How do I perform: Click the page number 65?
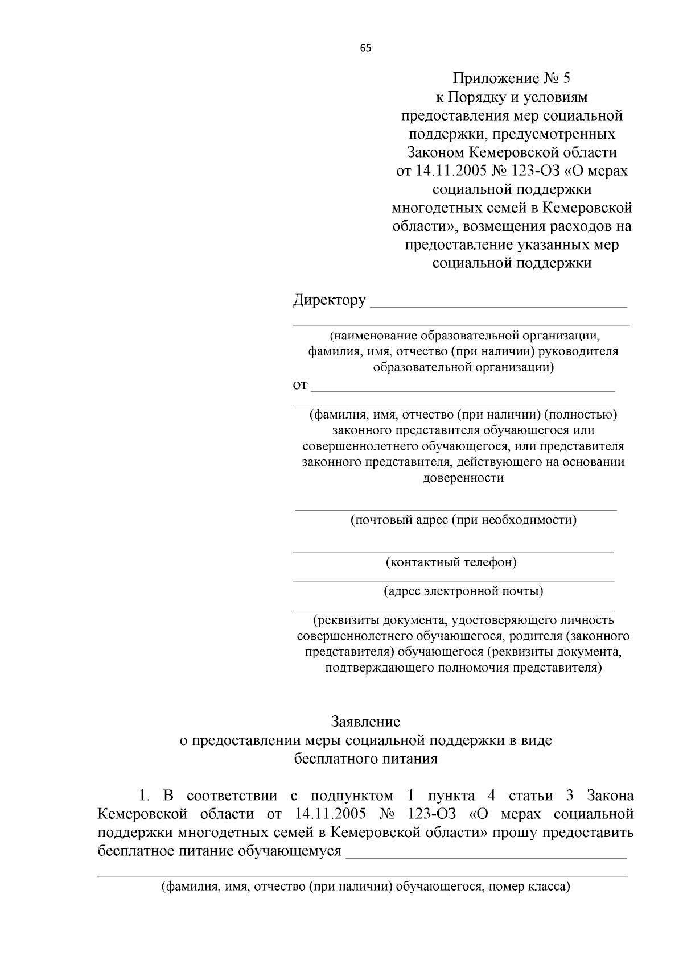[365, 48]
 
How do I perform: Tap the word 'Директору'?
[329, 300]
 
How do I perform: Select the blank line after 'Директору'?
[499, 304]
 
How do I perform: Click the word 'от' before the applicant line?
[300, 386]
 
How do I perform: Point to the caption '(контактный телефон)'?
[451, 562]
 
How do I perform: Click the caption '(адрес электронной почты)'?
[463, 591]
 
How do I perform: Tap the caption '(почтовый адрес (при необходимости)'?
[463, 520]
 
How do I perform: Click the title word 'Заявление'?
[366, 722]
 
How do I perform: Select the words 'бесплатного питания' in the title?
[366, 759]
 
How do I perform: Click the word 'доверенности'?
[463, 477]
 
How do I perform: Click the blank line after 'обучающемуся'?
[486, 855]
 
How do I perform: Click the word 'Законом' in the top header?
[435, 152]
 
